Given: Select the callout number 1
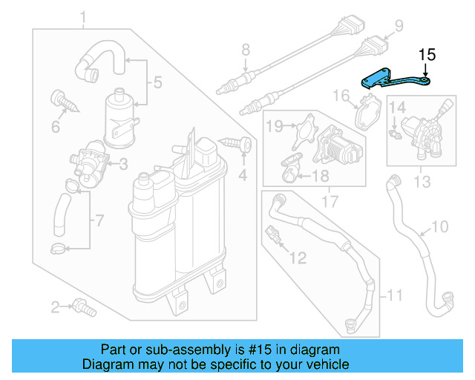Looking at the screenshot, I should pyautogui.click(x=83, y=17).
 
